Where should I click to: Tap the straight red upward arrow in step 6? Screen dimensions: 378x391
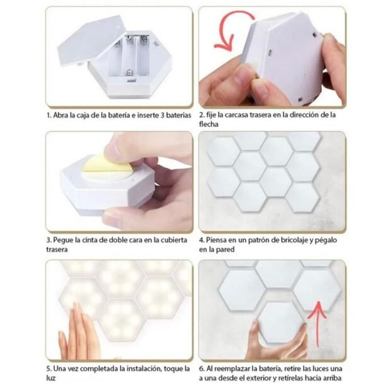(x=318, y=324)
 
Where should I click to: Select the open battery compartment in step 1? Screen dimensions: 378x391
(x=129, y=57)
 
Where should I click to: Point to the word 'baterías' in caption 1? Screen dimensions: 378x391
(x=178, y=115)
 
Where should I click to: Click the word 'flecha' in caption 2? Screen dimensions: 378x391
(x=209, y=124)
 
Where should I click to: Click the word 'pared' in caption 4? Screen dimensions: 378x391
(x=226, y=250)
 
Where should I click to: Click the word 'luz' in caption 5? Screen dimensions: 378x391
(x=51, y=378)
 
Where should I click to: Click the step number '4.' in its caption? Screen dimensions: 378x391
(x=202, y=240)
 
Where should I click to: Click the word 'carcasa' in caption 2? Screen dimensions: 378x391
(x=237, y=115)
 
